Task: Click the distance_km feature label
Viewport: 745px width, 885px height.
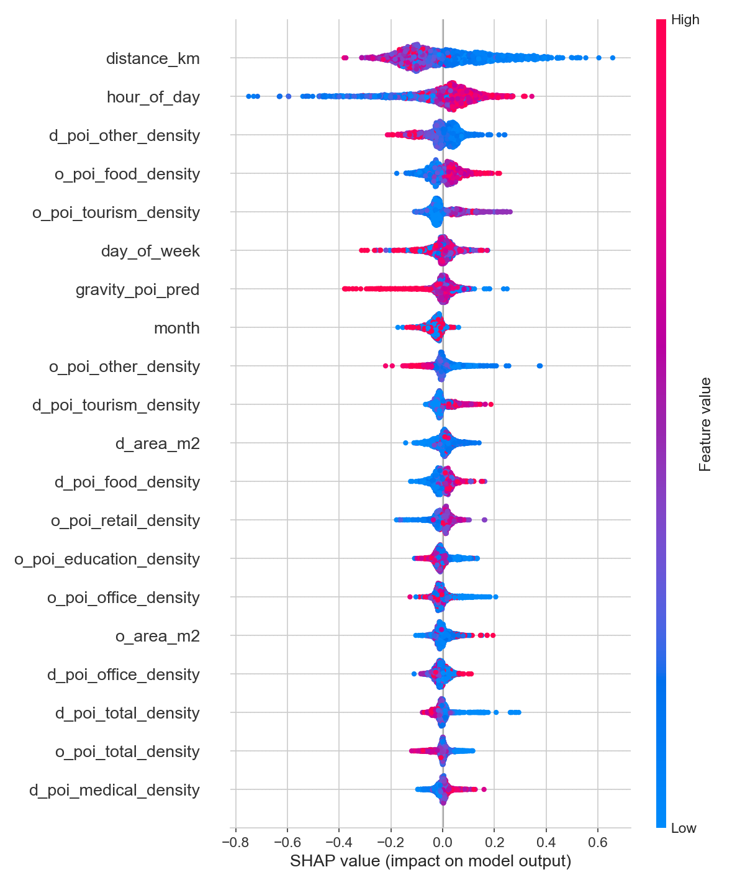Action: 153,58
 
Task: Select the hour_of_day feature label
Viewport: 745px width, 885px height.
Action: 153,97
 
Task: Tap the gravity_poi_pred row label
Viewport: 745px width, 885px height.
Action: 137,289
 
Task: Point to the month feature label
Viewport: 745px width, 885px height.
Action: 176,328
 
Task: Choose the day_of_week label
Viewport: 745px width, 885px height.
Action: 150,251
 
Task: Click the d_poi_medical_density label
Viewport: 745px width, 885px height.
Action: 114,790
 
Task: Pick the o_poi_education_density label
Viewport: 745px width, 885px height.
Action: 107,559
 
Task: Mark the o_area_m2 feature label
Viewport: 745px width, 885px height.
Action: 157,636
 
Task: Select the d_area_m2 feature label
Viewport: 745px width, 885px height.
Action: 157,443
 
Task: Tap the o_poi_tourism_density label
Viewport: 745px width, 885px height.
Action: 116,212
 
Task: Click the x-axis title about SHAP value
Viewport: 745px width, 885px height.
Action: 430,861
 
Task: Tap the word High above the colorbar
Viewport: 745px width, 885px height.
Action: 685,20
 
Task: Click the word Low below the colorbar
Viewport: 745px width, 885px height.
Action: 684,828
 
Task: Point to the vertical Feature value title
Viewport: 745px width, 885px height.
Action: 705,424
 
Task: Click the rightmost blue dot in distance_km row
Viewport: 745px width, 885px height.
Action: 613,58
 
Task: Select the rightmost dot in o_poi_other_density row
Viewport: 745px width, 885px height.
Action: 540,365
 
